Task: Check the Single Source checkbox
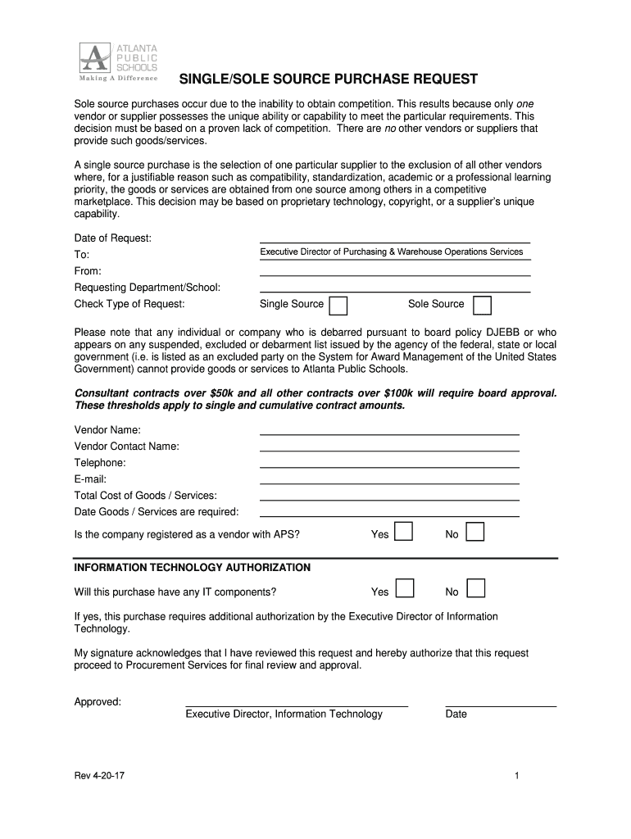pos(338,306)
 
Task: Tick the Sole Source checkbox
pos(483,306)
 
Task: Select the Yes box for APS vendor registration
pos(403,533)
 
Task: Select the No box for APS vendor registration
pos(475,533)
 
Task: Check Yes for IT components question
pos(403,589)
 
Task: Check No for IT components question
pos(475,589)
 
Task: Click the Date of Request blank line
pos(394,240)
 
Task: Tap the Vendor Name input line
pos(389,432)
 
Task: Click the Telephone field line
pos(389,465)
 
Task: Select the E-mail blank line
pos(389,481)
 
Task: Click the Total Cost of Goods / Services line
pos(389,497)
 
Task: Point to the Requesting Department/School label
pos(148,288)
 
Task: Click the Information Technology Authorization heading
pos(193,567)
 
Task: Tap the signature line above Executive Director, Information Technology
pos(296,703)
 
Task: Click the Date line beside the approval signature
pos(500,703)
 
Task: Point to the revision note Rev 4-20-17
pos(100,776)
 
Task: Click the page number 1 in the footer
pos(518,776)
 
